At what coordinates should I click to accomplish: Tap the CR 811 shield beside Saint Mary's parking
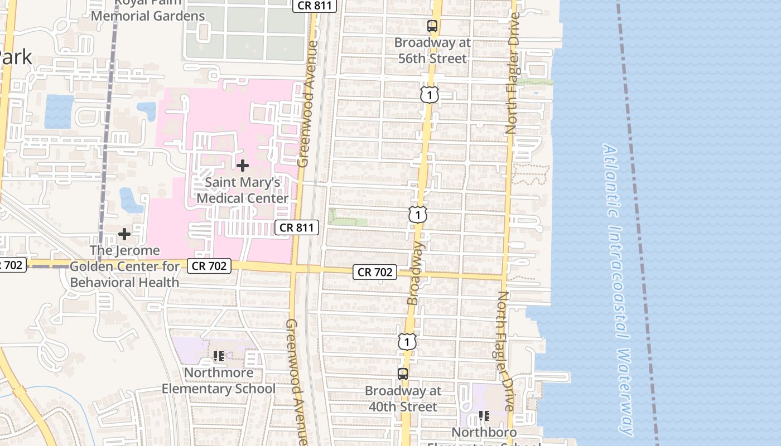[298, 227]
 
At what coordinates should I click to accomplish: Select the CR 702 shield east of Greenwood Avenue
[375, 272]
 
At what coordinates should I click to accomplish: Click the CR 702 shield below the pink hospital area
[209, 266]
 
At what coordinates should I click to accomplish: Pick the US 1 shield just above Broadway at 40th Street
[407, 341]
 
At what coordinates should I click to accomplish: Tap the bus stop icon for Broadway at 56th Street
[432, 26]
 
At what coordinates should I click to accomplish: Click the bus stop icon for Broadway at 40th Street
[403, 374]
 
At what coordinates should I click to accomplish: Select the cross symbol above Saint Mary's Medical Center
[243, 166]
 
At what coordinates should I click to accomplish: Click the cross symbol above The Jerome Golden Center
[124, 234]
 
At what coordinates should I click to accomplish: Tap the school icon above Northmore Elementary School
[219, 356]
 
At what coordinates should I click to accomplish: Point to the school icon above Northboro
[484, 416]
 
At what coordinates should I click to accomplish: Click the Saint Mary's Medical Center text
[243, 190]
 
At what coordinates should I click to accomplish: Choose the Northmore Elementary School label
[219, 381]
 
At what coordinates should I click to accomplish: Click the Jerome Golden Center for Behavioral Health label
[124, 266]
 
